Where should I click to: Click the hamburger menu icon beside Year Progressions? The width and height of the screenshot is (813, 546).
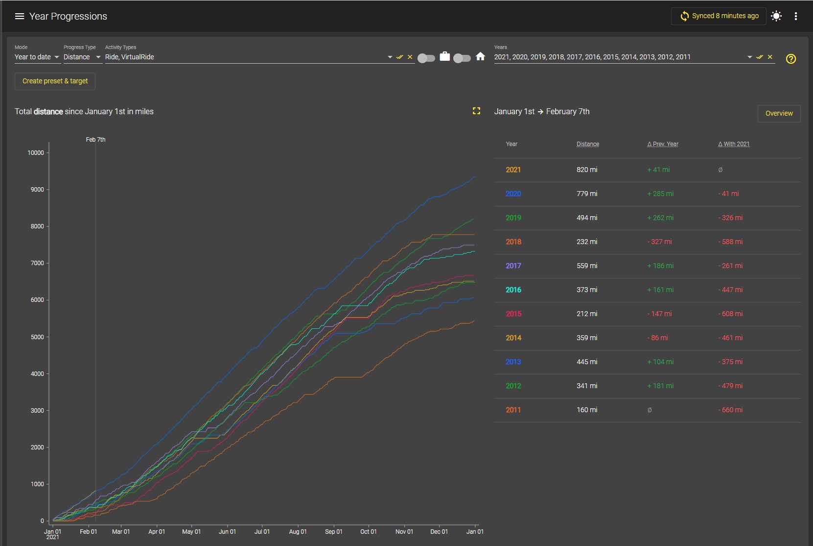(19, 16)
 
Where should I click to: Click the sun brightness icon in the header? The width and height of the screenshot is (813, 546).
(776, 16)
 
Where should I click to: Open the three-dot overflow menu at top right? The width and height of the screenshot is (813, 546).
(795, 16)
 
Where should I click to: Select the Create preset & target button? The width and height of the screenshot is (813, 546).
(55, 81)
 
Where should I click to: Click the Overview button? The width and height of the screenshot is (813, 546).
(779, 113)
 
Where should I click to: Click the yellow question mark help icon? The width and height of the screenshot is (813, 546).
(790, 58)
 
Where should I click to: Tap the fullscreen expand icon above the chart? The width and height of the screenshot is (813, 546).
(476, 111)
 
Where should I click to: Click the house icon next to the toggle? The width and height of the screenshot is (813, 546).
(480, 56)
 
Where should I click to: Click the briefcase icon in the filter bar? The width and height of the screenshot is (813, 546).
(444, 56)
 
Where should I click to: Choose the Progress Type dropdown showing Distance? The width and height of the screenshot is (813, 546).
(82, 57)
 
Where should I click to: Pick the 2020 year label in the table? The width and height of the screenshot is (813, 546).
(513, 194)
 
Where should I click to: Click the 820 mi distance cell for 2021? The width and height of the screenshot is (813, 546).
(587, 170)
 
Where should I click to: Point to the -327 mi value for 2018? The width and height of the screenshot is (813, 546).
(659, 242)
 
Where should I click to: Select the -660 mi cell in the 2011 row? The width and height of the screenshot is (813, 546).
(730, 410)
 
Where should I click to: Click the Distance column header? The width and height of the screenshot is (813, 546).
(588, 144)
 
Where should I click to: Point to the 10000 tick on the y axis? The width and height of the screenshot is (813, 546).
(36, 153)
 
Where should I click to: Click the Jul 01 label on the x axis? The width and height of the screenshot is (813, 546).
(262, 531)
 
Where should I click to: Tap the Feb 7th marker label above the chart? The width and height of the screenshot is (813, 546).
(95, 140)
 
